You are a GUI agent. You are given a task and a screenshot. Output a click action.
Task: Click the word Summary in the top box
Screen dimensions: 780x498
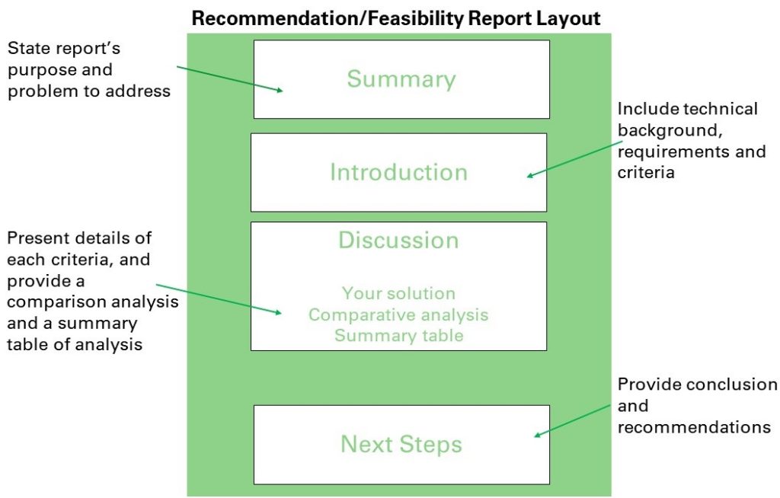coord(401,79)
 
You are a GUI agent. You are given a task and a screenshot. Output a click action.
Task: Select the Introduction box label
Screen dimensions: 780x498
coord(398,172)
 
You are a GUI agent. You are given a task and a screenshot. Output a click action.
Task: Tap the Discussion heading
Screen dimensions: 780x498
coord(398,240)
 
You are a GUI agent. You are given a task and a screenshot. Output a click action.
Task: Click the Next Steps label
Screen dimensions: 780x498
coord(401,444)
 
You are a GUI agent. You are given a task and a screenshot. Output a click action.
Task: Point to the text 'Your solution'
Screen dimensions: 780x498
coord(398,293)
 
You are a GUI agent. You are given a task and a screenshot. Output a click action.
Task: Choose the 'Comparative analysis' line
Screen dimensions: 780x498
coord(398,314)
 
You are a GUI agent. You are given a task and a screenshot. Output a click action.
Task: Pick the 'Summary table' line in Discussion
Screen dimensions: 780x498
coord(398,335)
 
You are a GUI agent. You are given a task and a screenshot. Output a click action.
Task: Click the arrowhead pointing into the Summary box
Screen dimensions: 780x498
coord(280,90)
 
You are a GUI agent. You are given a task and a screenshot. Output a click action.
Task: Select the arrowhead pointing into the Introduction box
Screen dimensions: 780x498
coord(531,174)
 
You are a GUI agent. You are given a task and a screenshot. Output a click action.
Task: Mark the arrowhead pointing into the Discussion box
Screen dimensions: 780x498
coord(278,312)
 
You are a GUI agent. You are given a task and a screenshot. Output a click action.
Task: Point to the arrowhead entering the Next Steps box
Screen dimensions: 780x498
coord(538,435)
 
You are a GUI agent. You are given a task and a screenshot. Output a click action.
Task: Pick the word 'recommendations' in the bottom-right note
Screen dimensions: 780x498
coord(694,427)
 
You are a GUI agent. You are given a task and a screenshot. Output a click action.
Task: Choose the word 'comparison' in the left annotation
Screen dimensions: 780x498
coord(56,302)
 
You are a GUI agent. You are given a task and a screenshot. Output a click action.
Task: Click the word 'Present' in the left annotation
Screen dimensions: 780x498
coord(38,238)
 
